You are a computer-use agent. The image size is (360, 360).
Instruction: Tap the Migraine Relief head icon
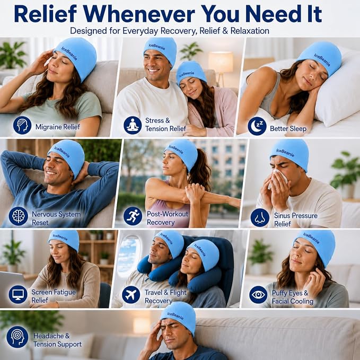(x=22, y=125)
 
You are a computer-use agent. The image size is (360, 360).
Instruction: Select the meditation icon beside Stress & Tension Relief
(x=133, y=125)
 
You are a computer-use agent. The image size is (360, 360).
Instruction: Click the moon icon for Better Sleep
(x=257, y=126)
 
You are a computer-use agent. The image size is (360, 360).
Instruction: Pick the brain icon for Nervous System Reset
(x=19, y=216)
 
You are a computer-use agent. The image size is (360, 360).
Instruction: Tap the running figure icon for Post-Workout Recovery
(x=133, y=216)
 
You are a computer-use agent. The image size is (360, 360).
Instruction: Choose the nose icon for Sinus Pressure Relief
(x=260, y=217)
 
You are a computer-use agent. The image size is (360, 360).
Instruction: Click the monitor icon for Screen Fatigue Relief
(x=18, y=294)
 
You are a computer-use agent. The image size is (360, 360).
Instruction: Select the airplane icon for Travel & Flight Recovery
(x=131, y=295)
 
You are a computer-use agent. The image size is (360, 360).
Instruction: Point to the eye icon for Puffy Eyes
(x=258, y=295)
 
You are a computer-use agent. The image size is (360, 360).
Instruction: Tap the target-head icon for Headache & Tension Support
(x=17, y=337)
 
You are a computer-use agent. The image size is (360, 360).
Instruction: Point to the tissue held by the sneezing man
(x=278, y=179)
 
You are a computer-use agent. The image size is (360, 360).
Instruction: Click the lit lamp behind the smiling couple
(x=221, y=62)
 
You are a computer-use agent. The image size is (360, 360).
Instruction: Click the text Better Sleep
(x=288, y=128)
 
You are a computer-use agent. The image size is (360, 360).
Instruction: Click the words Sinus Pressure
(x=296, y=216)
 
